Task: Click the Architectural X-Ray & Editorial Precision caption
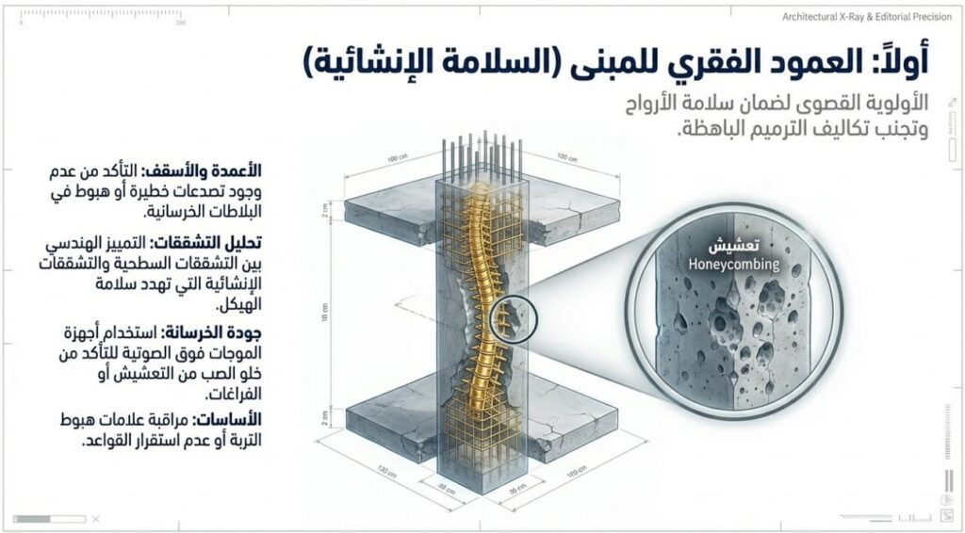tap(867, 16)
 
